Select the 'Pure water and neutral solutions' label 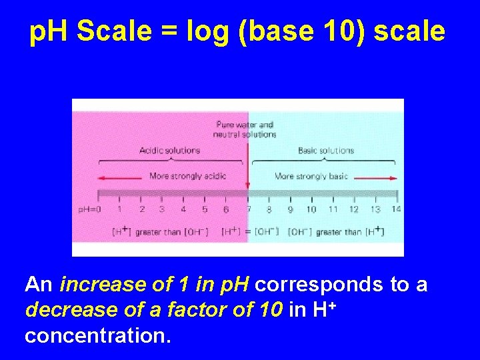(x=245, y=129)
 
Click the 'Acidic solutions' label (x=169, y=151)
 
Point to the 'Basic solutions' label (x=325, y=151)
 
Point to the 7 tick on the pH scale (x=248, y=209)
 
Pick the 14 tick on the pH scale (x=396, y=209)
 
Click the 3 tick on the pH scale (x=162, y=209)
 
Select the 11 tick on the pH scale (x=333, y=209)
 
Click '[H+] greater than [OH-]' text (x=159, y=231)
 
